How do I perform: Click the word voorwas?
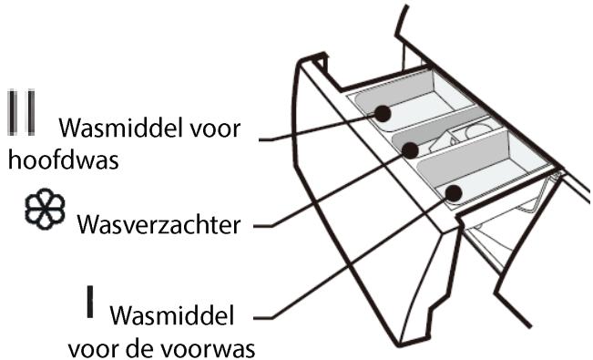point(218,349)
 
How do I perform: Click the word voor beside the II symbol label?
point(213,129)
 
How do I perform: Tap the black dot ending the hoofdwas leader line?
point(383,112)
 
